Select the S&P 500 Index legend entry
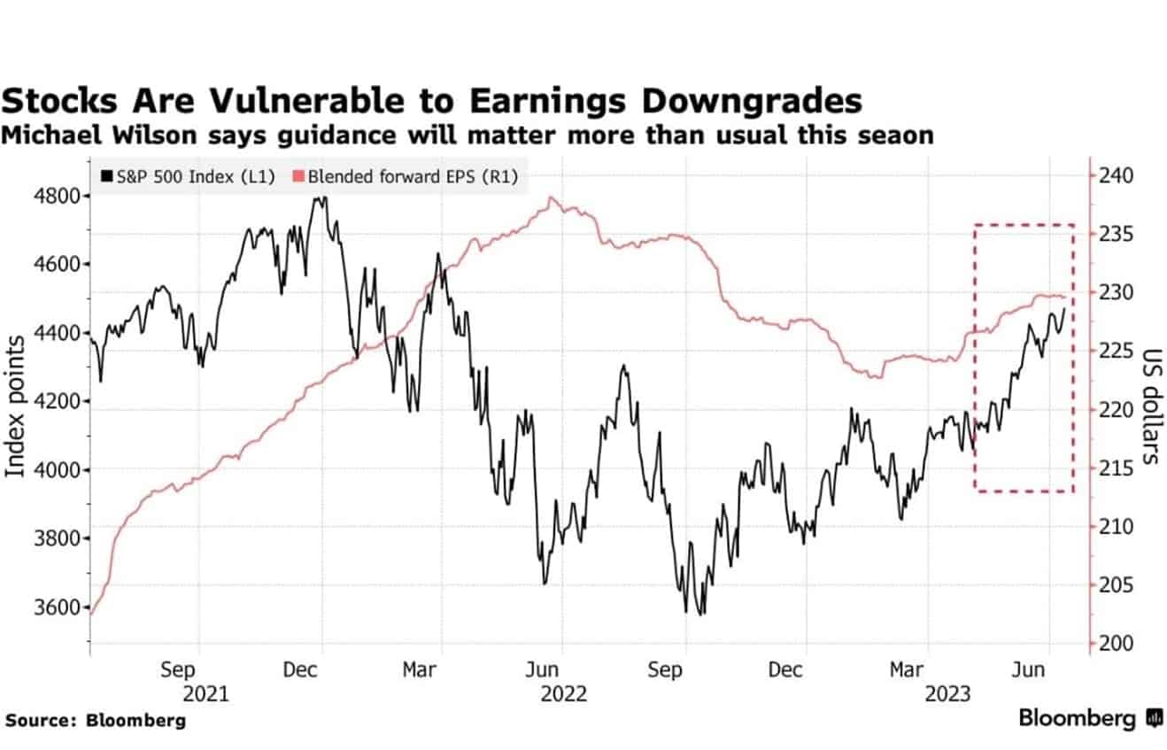click(189, 177)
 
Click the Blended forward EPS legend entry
click(406, 177)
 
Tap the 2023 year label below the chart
click(947, 693)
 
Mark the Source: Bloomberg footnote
click(95, 721)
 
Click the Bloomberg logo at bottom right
click(1090, 718)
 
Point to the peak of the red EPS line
click(552, 198)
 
